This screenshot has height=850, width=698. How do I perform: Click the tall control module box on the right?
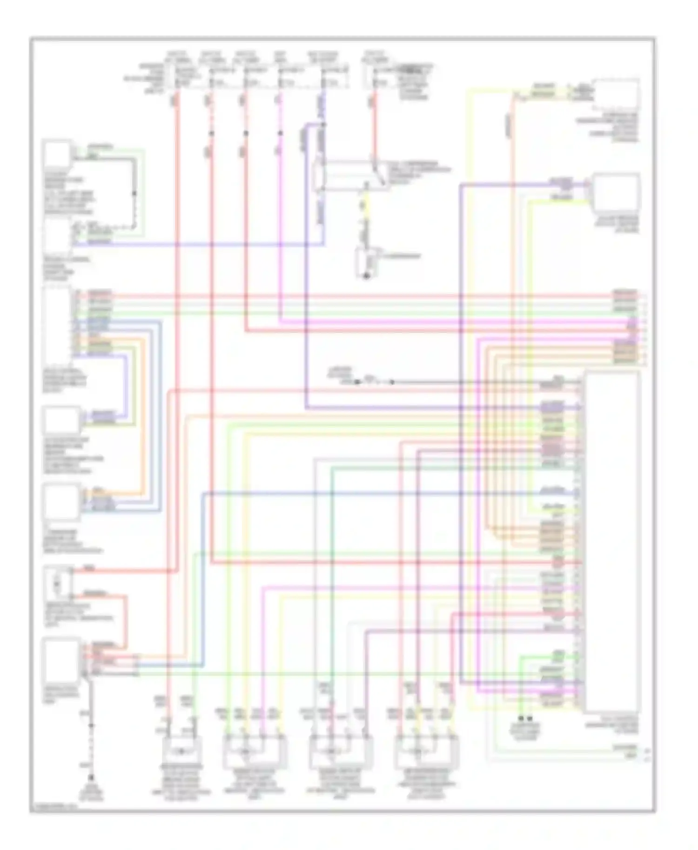tap(612, 542)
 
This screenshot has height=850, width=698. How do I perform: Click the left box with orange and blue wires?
tap(61, 501)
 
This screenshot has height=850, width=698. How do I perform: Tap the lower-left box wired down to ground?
tap(61, 661)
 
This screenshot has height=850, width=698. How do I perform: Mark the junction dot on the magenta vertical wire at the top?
tap(280, 133)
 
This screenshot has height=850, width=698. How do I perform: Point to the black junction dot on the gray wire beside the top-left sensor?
tap(134, 192)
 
